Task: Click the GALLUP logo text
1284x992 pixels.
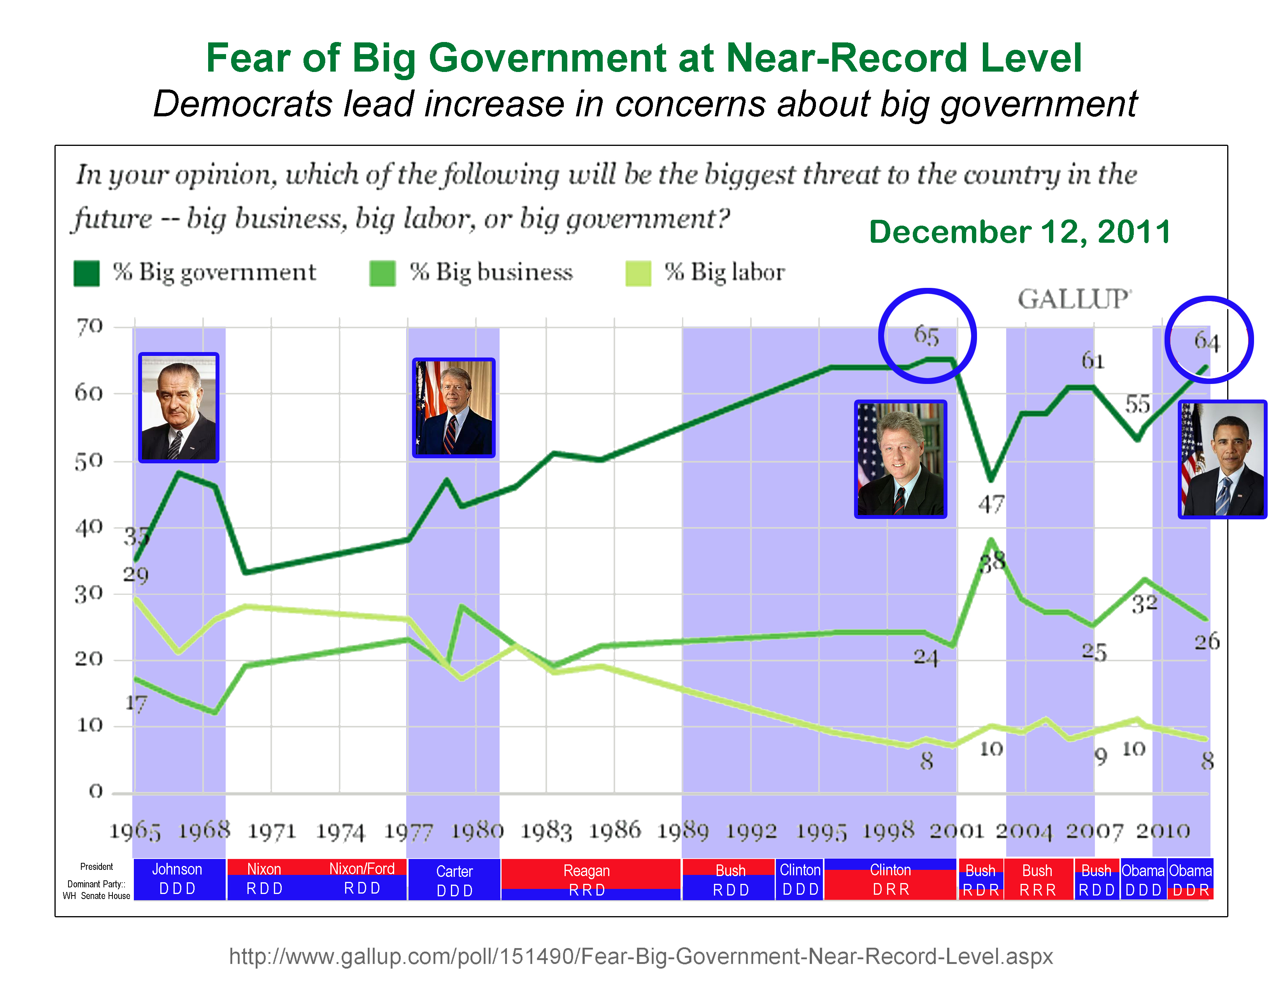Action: click(1073, 299)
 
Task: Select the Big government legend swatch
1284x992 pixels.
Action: click(86, 273)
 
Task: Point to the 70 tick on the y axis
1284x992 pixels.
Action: click(89, 327)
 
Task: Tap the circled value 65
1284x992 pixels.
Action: click(926, 336)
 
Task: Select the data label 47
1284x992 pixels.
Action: click(991, 504)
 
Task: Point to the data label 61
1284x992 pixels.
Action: click(1093, 361)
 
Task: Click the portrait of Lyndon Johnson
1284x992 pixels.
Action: click(179, 408)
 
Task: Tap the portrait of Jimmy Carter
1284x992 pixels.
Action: click(454, 408)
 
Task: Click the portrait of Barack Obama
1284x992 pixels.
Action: click(1222, 459)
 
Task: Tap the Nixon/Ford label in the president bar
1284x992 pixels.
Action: click(361, 869)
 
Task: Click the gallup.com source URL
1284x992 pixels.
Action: click(641, 956)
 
